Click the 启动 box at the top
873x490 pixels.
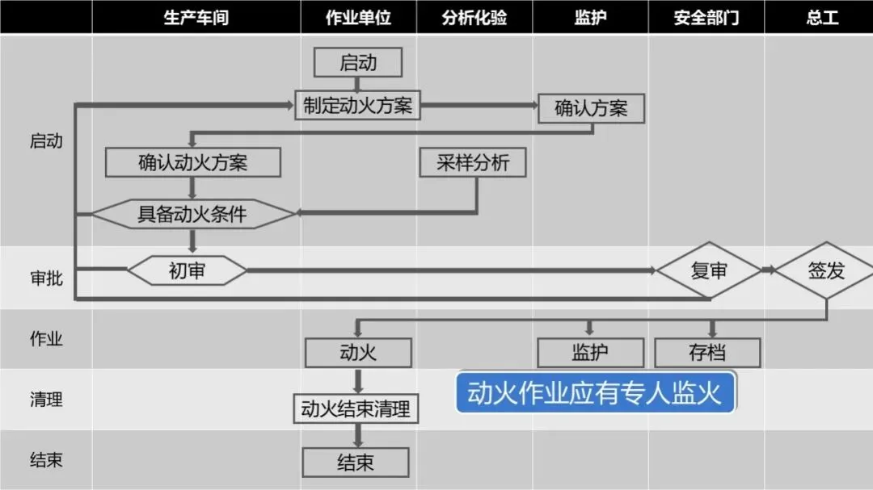[x=358, y=63]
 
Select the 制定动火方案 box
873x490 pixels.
[x=358, y=105]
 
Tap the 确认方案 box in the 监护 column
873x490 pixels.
[x=591, y=108]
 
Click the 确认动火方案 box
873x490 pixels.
[x=193, y=162]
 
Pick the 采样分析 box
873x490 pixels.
[x=474, y=162]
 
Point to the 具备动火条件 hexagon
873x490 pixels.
[x=192, y=214]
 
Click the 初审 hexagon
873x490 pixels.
[x=187, y=270]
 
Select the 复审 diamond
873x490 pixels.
[x=708, y=270]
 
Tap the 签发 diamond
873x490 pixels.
[x=825, y=270]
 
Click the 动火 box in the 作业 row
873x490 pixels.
[x=358, y=352]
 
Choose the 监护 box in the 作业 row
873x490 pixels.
[x=590, y=352]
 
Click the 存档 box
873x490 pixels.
[x=707, y=352]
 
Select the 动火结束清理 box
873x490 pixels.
[x=356, y=408]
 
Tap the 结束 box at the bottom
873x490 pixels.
[x=356, y=463]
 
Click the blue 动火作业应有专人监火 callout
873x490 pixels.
[x=595, y=393]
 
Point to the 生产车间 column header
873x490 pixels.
[x=196, y=17]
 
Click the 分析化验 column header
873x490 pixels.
[x=474, y=17]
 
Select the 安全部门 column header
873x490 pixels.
[x=706, y=17]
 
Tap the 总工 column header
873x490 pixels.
[x=822, y=17]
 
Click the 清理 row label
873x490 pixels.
[x=46, y=399]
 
